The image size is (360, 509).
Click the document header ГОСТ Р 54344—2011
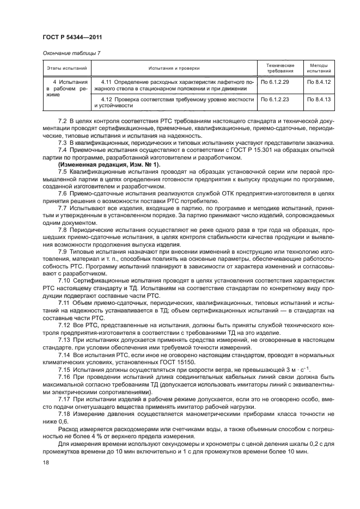[x=72, y=37]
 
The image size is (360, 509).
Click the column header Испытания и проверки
[x=174, y=68]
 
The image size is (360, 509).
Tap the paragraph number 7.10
[x=64, y=280]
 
